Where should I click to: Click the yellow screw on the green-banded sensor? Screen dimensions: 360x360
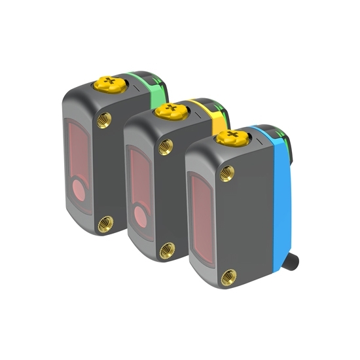click(107, 82)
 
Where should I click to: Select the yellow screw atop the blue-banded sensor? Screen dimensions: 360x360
click(230, 137)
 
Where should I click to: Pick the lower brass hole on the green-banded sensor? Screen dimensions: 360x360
click(103, 225)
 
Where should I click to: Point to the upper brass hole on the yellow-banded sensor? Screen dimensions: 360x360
click(166, 145)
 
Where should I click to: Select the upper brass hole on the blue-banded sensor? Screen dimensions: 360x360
click(227, 173)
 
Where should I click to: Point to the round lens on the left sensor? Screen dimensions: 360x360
click(77, 190)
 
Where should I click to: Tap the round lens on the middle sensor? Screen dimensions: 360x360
click(138, 215)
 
